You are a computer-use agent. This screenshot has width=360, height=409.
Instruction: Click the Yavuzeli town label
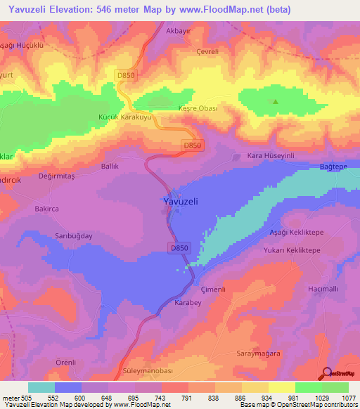(176, 201)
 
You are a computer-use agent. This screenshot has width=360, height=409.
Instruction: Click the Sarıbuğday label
(74, 237)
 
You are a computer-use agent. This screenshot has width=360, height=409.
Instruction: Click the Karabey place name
(188, 304)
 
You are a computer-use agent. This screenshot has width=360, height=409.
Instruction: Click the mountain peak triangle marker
(275, 101)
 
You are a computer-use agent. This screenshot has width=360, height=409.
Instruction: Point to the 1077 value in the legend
(349, 398)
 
